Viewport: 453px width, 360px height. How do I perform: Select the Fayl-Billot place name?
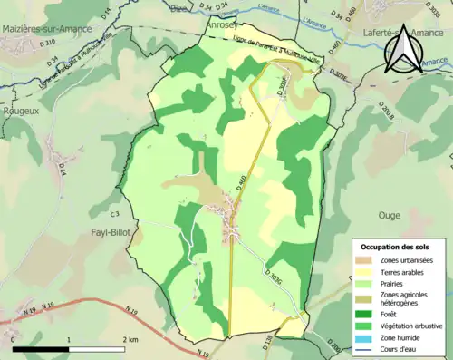coord(113,232)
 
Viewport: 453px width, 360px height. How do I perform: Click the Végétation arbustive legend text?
coord(416,325)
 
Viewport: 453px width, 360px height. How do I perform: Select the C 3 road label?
coord(114,214)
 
